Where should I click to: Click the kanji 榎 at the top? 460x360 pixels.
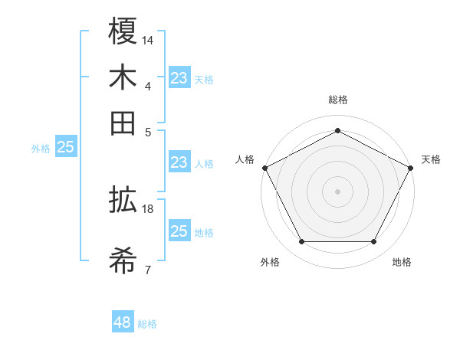[x=123, y=32]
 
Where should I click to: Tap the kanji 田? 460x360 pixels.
[x=123, y=123]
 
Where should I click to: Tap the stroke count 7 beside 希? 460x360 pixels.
[x=147, y=270]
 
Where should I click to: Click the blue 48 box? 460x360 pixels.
[x=123, y=322]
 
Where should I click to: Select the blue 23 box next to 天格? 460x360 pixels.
[x=179, y=77]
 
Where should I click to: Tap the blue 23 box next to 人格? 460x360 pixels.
[x=179, y=162]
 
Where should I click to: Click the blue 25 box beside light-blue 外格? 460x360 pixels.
[x=65, y=148]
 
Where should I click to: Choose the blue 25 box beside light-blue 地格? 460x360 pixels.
[x=179, y=231]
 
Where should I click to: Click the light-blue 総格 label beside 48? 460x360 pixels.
[x=147, y=324]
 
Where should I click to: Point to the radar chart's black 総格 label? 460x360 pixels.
[x=338, y=100]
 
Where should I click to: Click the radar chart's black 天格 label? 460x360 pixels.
[x=431, y=159]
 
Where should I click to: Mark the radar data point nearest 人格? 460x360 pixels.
[x=264, y=168]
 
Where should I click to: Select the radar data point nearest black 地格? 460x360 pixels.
[x=374, y=242]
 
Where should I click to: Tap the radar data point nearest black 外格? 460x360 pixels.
[x=301, y=242]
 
